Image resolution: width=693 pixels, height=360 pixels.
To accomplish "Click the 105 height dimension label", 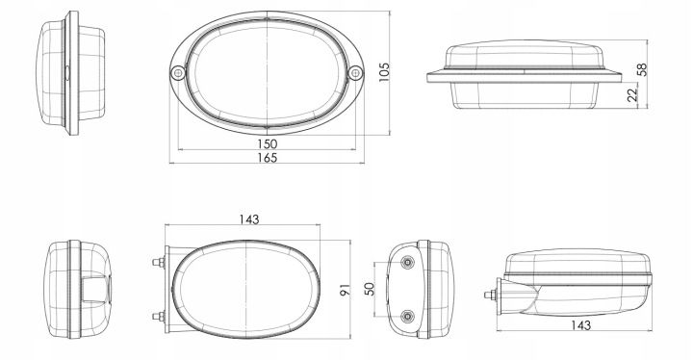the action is pyautogui.click(x=384, y=71).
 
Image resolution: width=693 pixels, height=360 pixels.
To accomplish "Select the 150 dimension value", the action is pyautogui.click(x=267, y=143).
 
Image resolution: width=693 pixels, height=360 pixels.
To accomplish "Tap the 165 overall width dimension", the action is pyautogui.click(x=267, y=158).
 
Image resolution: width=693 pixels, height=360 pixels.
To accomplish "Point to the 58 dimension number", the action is pyautogui.click(x=642, y=69).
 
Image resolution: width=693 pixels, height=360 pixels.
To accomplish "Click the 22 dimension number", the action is pyautogui.click(x=633, y=94).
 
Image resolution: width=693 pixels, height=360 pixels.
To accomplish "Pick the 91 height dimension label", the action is pyautogui.click(x=345, y=290).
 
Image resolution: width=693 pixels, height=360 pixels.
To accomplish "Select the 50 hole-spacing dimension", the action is pyautogui.click(x=370, y=289).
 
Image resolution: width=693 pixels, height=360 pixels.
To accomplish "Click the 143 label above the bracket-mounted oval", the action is pyautogui.click(x=249, y=219).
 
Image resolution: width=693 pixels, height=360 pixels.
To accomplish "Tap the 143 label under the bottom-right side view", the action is pyautogui.click(x=580, y=325).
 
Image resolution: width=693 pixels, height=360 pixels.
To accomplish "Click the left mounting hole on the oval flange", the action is pyautogui.click(x=178, y=72).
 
